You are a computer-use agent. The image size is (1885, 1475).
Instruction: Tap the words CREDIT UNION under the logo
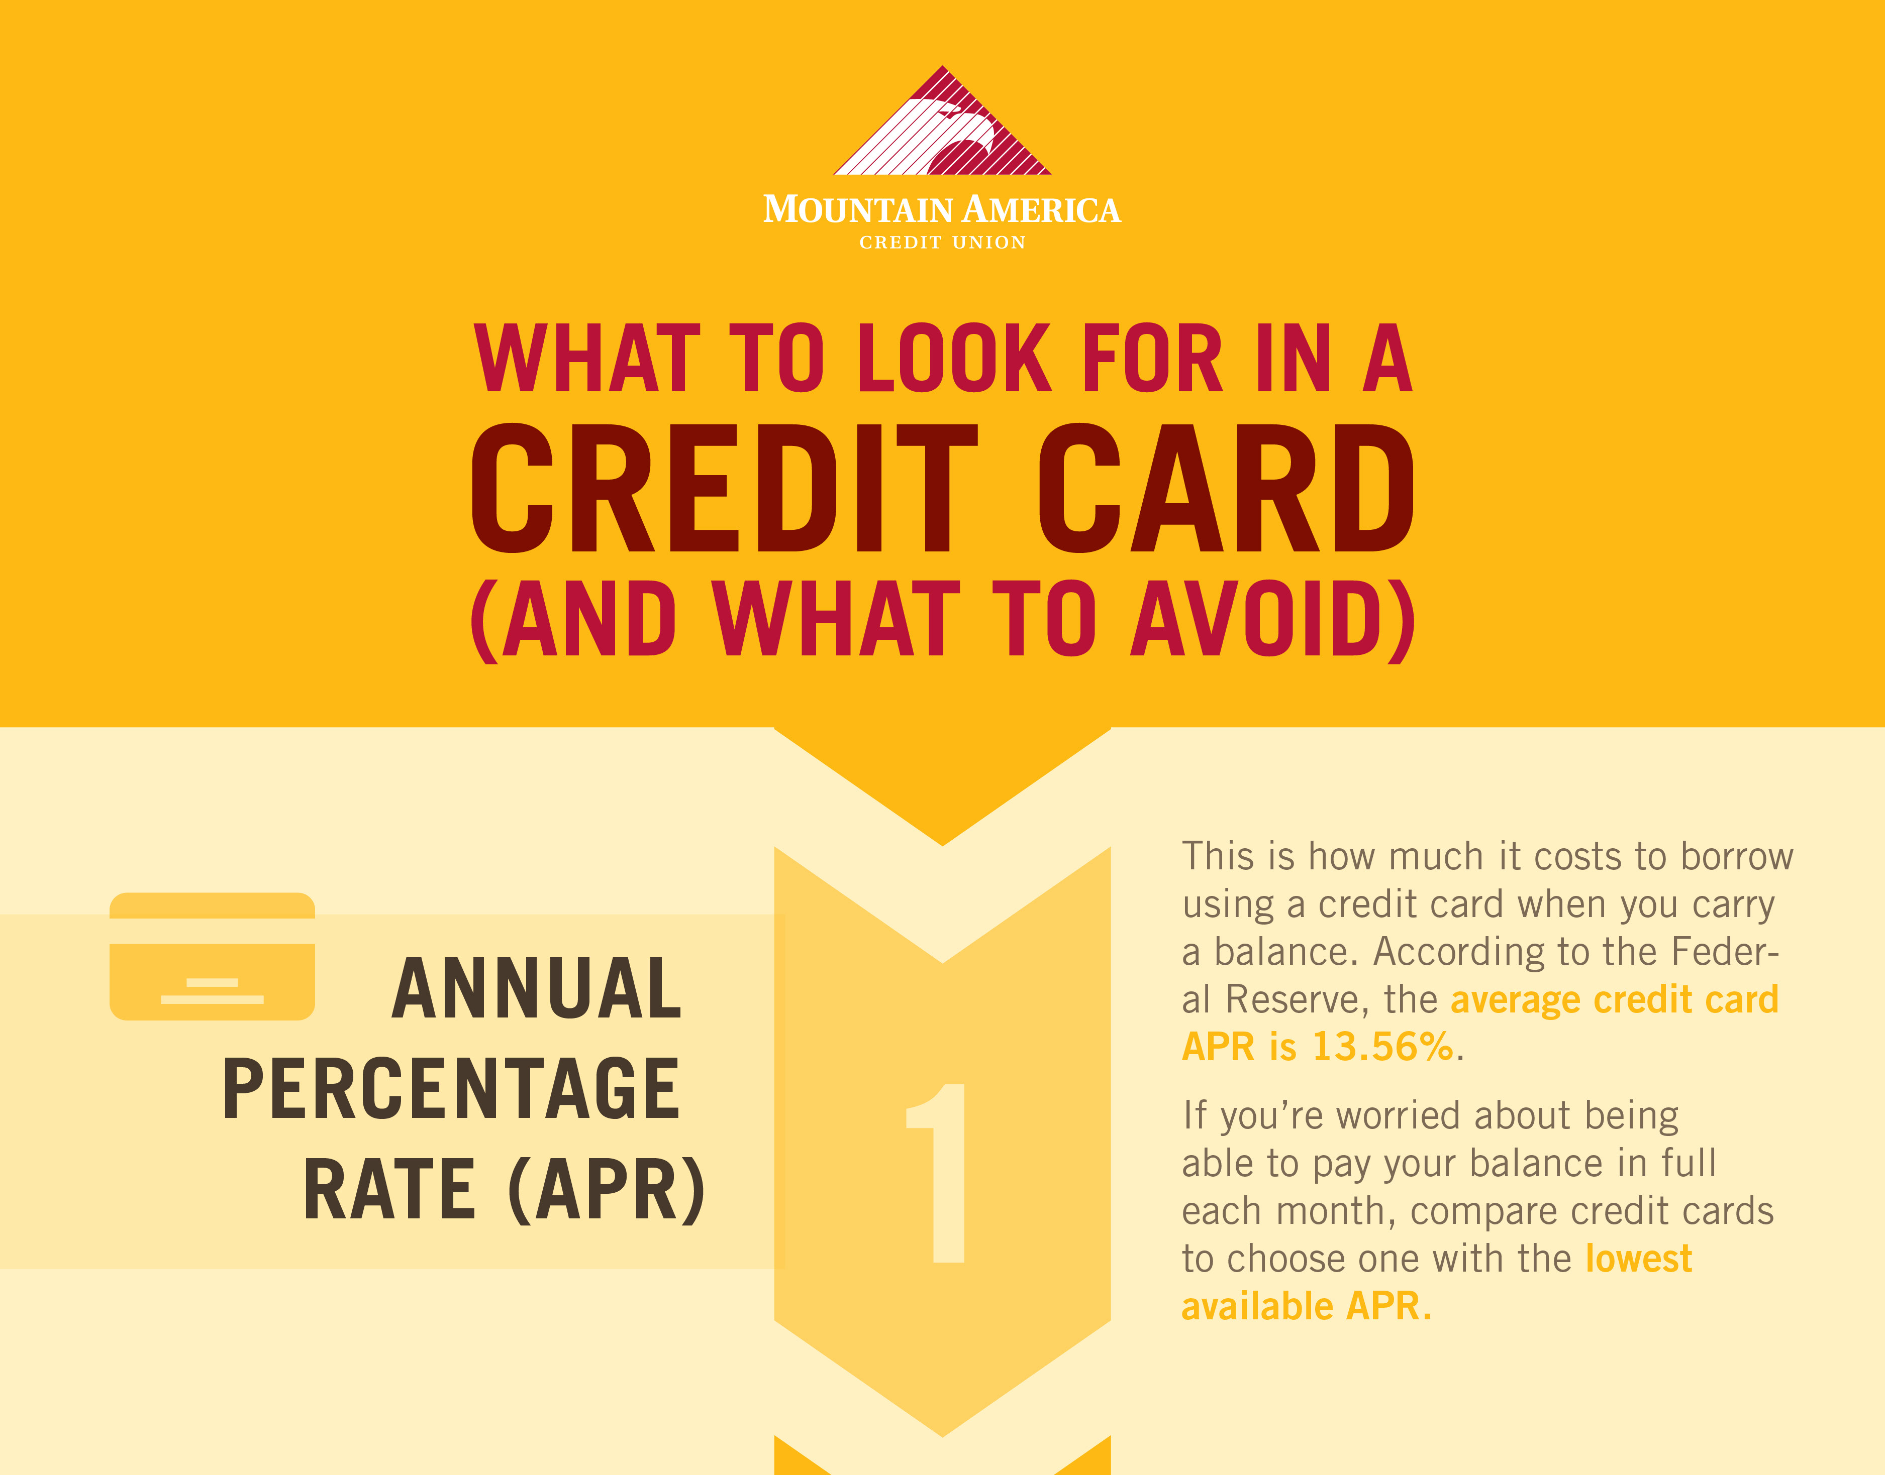pyautogui.click(x=943, y=243)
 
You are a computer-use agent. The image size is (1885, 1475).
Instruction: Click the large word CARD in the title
pyautogui.click(x=1225, y=488)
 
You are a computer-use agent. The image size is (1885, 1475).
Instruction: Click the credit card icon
pyautogui.click(x=213, y=956)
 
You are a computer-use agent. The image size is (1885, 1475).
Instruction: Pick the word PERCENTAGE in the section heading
pyautogui.click(x=451, y=1088)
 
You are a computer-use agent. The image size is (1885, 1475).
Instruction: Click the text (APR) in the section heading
pyautogui.click(x=608, y=1190)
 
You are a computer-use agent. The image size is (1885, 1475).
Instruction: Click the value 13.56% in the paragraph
pyautogui.click(x=1383, y=1047)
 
